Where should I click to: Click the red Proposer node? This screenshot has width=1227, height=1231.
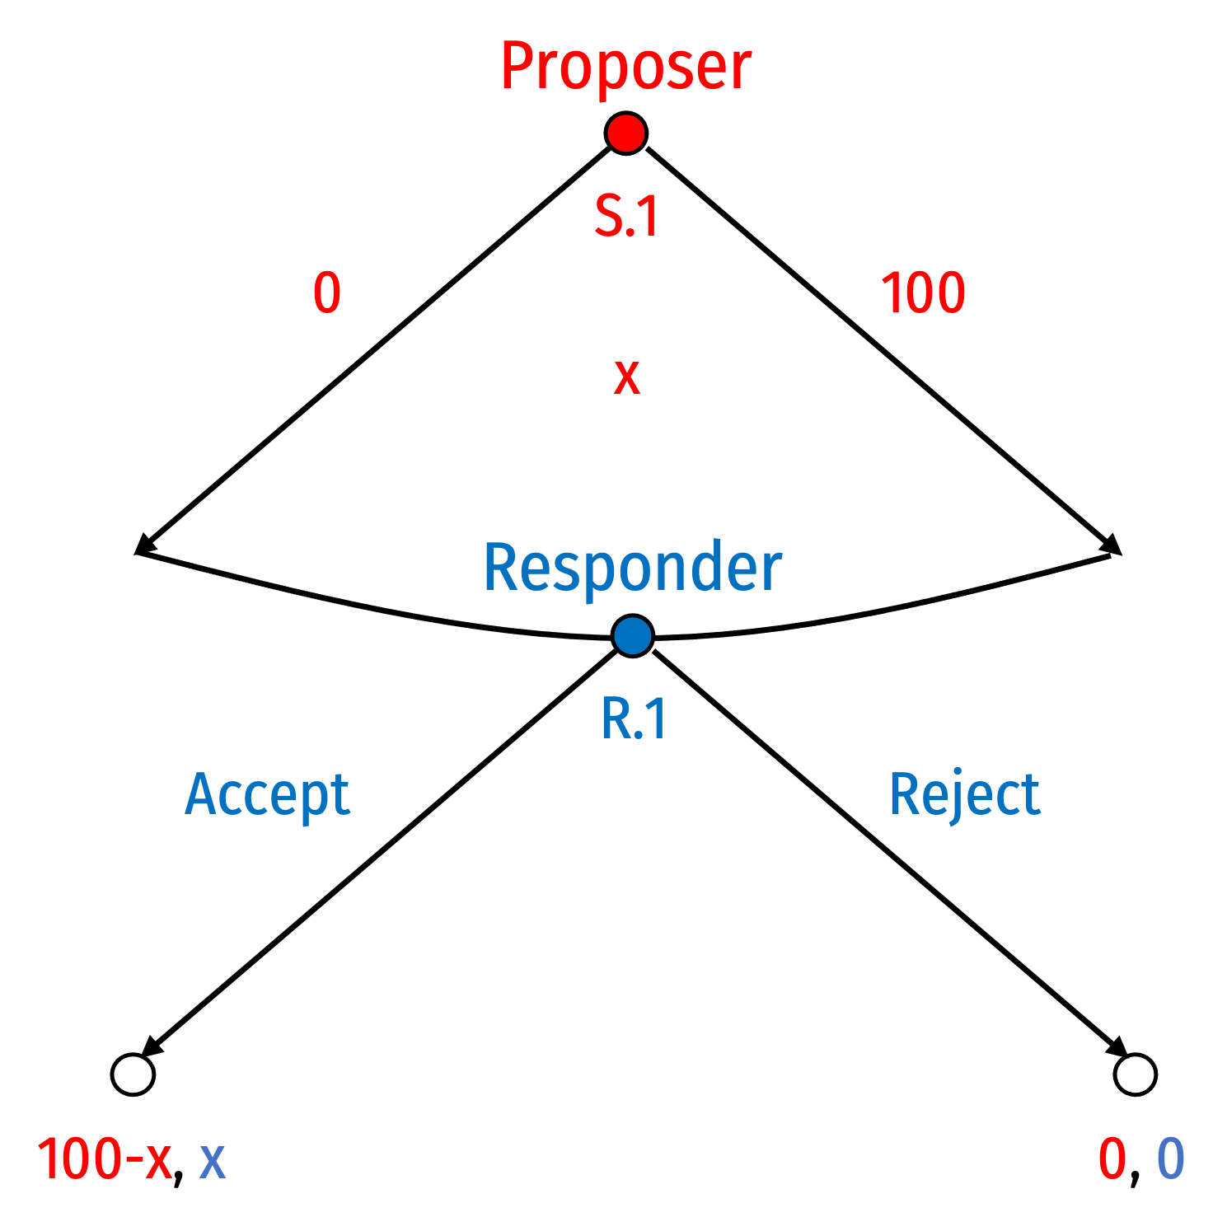click(625, 133)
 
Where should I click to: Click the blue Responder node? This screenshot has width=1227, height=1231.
click(633, 636)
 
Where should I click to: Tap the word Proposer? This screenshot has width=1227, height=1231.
click(626, 68)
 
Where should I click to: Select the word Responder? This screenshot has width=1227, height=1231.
click(633, 568)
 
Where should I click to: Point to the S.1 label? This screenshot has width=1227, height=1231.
click(627, 217)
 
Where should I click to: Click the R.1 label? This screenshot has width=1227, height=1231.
click(634, 718)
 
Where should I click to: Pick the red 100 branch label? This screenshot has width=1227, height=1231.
click(923, 293)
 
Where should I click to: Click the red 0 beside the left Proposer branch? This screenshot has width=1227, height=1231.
click(327, 293)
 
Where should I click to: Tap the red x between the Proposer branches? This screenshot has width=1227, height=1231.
click(627, 378)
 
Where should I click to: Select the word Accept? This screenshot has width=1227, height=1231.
click(268, 796)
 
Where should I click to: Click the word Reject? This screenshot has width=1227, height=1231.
click(965, 796)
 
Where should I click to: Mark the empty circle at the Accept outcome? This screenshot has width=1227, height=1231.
click(133, 1074)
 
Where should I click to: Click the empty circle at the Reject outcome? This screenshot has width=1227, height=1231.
click(1136, 1074)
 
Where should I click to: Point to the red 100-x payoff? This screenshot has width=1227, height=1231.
click(105, 1159)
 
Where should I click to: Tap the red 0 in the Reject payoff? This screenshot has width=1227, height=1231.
click(1112, 1159)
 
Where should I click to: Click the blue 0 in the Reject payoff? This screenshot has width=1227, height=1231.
click(1171, 1159)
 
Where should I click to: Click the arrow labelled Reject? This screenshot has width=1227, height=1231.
click(891, 852)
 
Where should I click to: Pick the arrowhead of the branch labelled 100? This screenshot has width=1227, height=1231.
click(1112, 545)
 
